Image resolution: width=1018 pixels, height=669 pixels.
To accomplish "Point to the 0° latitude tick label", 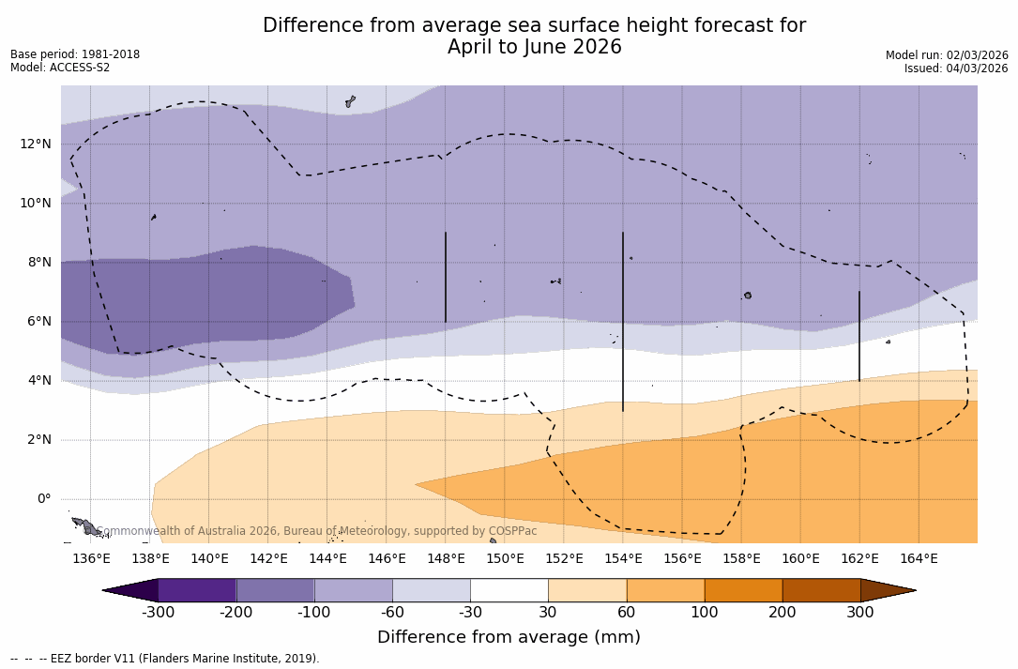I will tap(44, 499).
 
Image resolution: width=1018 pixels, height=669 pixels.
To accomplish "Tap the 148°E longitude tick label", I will tap(446, 559).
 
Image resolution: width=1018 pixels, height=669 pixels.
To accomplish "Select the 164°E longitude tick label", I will tap(919, 559).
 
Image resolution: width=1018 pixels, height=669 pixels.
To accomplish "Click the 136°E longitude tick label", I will tap(91, 559).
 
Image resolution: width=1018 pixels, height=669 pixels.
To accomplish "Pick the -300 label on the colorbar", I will tap(159, 613).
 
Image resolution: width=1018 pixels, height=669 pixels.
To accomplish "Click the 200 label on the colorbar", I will tap(782, 613).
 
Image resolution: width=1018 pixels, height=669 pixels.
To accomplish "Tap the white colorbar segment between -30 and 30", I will tap(509, 590).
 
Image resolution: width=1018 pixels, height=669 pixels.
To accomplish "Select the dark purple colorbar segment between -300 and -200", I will tap(197, 590).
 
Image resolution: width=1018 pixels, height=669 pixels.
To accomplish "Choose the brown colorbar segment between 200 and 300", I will tap(821, 590).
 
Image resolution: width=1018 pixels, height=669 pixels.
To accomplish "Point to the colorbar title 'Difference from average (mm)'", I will tap(509, 638).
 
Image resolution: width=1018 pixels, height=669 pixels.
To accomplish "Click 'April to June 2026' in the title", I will tap(534, 48).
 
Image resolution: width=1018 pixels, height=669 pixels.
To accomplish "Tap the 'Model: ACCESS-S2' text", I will tap(60, 68).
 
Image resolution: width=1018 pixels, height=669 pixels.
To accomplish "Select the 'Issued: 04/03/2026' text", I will tap(955, 68).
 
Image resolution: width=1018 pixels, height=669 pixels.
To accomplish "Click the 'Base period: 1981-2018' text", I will tap(75, 54).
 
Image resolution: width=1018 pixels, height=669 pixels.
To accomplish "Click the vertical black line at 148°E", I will tap(446, 277).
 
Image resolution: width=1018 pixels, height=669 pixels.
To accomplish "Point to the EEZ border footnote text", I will tap(164, 659).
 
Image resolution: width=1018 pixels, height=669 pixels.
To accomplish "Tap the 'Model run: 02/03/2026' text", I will tap(946, 55).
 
